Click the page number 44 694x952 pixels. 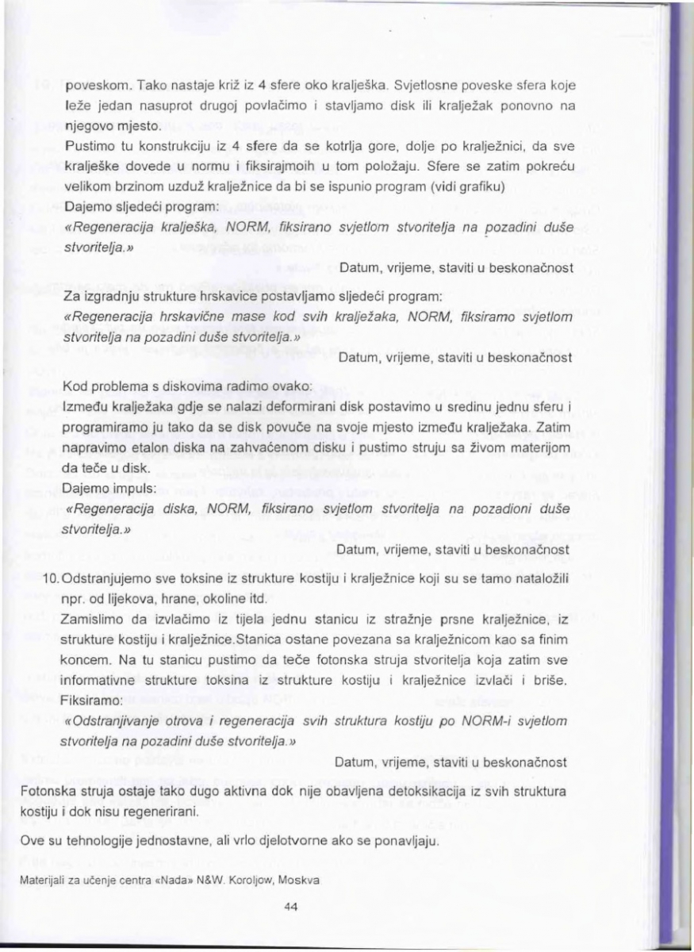(289, 910)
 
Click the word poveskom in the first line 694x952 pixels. (90, 85)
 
